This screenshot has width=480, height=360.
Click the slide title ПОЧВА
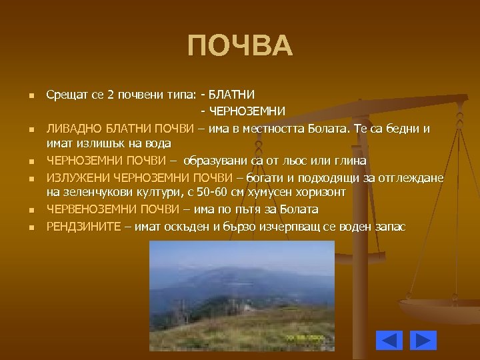pyautogui.click(x=240, y=47)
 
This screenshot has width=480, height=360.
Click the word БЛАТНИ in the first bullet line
pyautogui.click(x=236, y=95)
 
